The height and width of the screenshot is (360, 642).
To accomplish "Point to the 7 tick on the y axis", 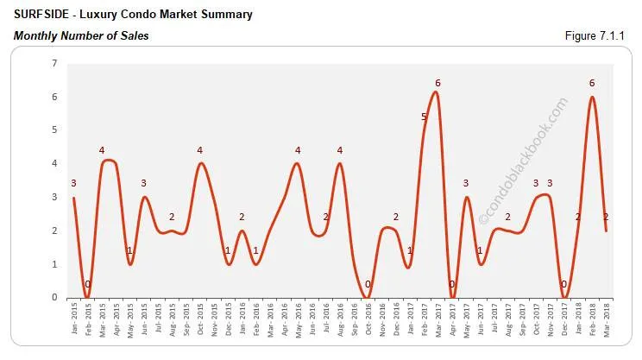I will pos(53,64).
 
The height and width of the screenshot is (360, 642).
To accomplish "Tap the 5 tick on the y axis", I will pos(53,130).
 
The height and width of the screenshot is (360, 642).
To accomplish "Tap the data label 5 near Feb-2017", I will pos(424,117).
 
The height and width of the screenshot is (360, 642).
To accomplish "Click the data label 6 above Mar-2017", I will pos(437,83).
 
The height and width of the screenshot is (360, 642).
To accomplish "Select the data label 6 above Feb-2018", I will pos(592,83).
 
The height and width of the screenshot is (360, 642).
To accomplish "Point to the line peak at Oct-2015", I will pos(200,163).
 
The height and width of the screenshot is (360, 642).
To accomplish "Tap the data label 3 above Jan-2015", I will pos(74,183).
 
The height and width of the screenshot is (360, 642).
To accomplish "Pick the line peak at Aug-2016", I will pos(340,163).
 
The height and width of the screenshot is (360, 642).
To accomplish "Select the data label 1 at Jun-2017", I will pos(481,250).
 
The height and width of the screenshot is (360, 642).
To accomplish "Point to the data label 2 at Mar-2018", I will pos(607,217).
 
